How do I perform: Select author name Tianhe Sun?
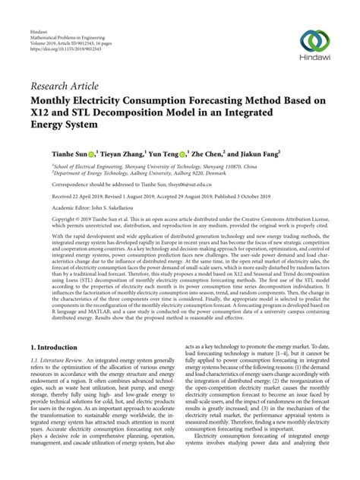click(x=71, y=153)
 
